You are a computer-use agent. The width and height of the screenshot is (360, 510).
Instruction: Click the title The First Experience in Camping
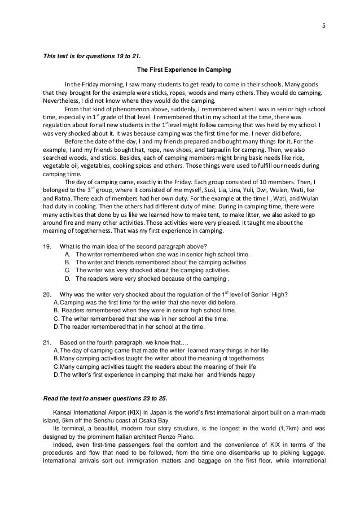(x=180, y=71)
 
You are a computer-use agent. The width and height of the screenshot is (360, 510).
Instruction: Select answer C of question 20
(x=55, y=319)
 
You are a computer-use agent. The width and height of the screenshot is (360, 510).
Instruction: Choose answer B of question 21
(x=55, y=359)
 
